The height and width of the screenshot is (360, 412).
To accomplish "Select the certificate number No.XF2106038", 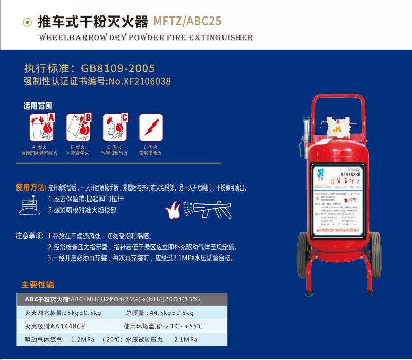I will pyautogui.click(x=138, y=81).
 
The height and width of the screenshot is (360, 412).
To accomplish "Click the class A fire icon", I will pyautogui.click(x=42, y=127).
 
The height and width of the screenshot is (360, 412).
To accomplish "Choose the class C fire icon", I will pyautogui.click(x=115, y=127).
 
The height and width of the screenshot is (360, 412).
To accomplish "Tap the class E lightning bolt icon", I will pyautogui.click(x=151, y=127).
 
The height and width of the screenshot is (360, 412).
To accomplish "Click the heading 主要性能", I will pyautogui.click(x=37, y=285).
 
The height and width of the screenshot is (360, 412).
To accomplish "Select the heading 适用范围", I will pyautogui.click(x=38, y=106).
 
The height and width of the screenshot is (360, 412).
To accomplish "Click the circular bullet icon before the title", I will pyautogui.click(x=27, y=22).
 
